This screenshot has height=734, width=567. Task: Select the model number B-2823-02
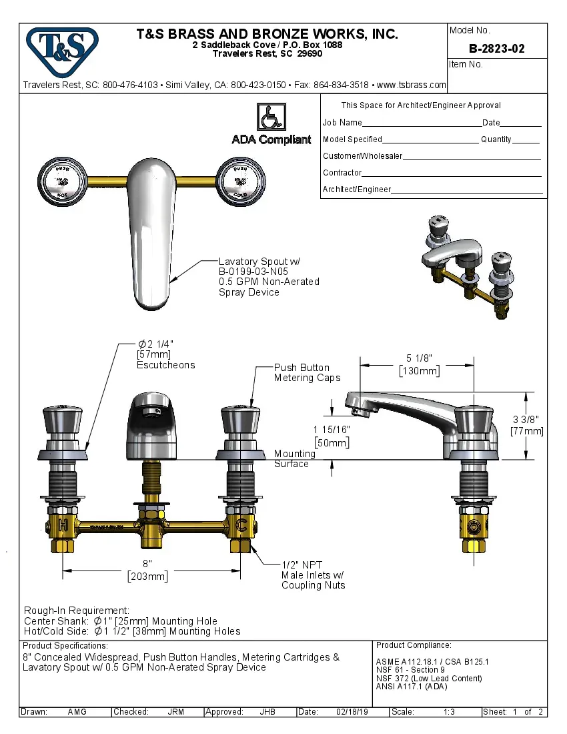(x=496, y=49)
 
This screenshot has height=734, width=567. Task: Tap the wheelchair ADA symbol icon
(x=271, y=117)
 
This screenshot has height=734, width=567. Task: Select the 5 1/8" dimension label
(x=418, y=358)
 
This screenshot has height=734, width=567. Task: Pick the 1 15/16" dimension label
(x=331, y=430)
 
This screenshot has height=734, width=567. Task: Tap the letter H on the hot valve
(x=63, y=525)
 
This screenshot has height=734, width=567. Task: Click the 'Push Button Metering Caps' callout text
(x=307, y=373)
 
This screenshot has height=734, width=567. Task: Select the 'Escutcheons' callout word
(x=166, y=365)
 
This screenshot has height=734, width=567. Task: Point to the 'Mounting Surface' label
(x=294, y=458)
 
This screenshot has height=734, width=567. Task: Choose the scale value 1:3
(x=449, y=712)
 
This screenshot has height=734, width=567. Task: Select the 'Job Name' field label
(x=342, y=123)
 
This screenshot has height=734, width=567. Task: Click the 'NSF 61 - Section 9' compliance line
(x=410, y=670)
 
